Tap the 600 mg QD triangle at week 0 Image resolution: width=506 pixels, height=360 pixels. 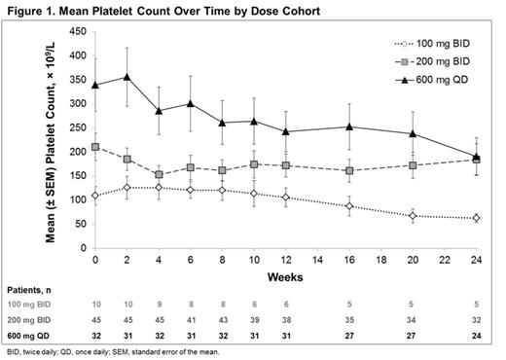[x=95, y=85]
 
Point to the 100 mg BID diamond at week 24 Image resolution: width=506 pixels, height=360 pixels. [x=477, y=218]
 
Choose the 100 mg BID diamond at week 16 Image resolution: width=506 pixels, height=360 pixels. [x=349, y=206]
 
